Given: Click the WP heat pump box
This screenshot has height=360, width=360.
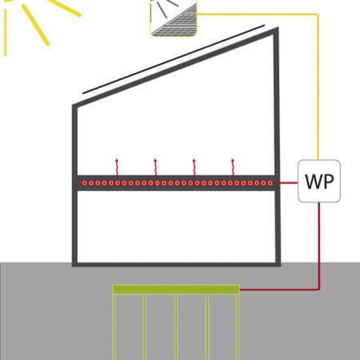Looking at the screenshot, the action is click(x=319, y=181).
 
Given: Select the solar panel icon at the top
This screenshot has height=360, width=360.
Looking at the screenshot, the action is click(x=174, y=18).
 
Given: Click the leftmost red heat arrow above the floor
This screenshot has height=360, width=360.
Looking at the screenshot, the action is click(x=117, y=167).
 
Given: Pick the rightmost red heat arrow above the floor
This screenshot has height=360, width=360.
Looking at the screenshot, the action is click(x=233, y=167).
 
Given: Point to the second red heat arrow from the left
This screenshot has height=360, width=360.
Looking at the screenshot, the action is click(x=155, y=167).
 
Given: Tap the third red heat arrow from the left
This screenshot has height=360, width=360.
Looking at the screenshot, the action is click(x=194, y=167).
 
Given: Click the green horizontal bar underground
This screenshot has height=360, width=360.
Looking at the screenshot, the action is click(x=176, y=290).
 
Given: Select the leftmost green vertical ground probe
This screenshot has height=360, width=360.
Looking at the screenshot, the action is click(x=114, y=327).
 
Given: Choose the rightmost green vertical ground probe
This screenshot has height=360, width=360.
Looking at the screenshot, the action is click(x=238, y=327).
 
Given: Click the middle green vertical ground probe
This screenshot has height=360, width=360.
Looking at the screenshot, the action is click(x=176, y=327).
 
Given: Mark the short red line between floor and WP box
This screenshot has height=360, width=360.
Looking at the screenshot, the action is click(x=286, y=183).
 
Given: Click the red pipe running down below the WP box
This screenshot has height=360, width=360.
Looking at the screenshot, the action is click(x=319, y=246).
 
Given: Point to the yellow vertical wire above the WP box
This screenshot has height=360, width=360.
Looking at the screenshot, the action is click(x=318, y=86).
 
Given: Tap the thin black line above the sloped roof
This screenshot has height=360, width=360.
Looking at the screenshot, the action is click(x=174, y=59).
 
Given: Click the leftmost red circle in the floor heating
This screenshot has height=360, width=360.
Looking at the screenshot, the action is click(x=84, y=183).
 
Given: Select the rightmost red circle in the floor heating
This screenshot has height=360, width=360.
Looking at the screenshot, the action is click(x=270, y=183).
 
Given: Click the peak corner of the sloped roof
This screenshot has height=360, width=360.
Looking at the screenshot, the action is click(x=278, y=27).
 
